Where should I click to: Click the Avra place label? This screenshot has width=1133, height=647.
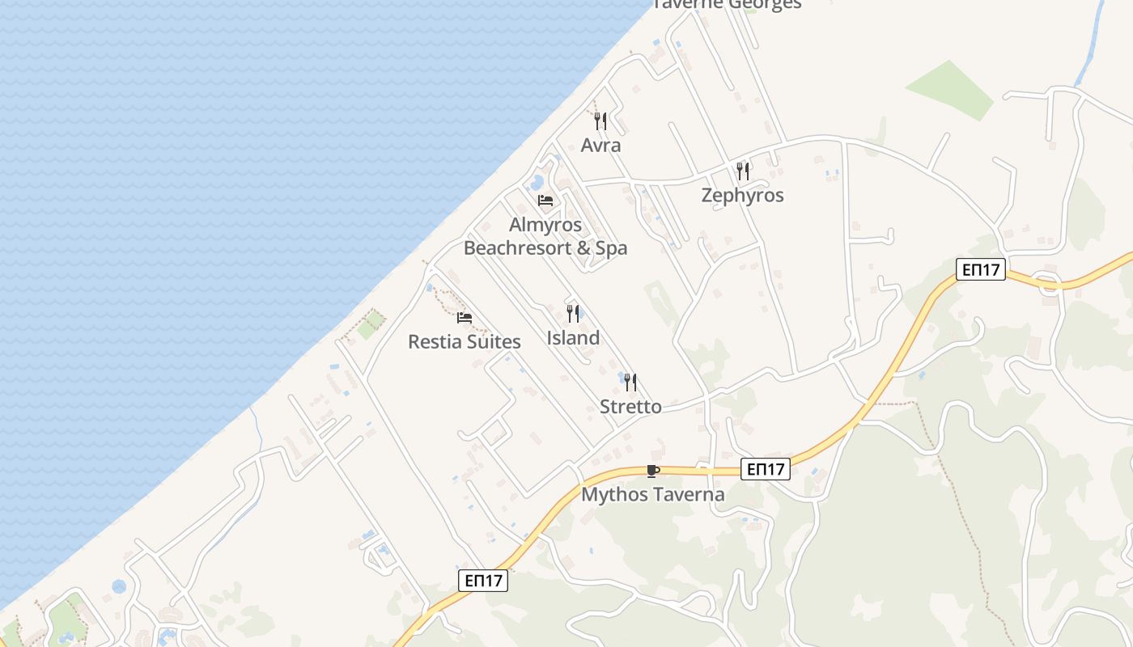click(x=600, y=146)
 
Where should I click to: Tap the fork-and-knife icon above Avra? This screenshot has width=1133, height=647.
click(x=600, y=121)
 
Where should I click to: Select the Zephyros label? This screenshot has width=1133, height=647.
click(x=742, y=196)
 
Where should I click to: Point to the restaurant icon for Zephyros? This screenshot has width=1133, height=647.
click(x=743, y=171)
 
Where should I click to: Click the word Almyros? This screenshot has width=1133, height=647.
click(x=545, y=225)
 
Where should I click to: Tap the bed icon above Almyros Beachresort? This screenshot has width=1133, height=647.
click(x=545, y=201)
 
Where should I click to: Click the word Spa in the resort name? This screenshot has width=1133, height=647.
click(x=612, y=248)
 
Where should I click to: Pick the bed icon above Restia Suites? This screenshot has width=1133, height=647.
click(x=464, y=318)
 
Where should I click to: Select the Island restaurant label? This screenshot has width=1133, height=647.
click(x=573, y=338)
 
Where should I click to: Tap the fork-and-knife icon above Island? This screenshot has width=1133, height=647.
click(x=573, y=313)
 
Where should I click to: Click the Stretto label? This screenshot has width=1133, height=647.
click(x=630, y=407)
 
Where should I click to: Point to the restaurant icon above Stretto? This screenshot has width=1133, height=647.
click(x=630, y=382)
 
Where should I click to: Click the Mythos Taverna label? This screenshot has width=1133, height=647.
click(x=652, y=494)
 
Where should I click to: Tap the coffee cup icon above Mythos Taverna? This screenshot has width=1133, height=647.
click(x=652, y=471)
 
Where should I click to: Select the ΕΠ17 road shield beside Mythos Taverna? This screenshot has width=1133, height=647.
click(x=765, y=469)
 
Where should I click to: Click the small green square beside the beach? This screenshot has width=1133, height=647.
click(x=371, y=326)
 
